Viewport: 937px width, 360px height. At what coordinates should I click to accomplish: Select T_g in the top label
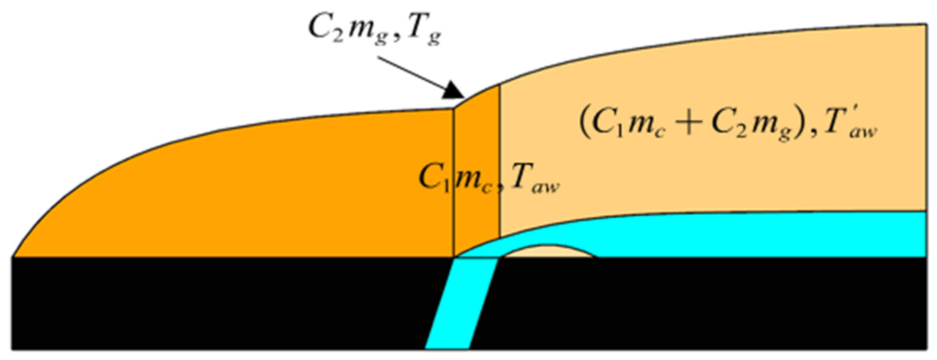pyautogui.click(x=424, y=32)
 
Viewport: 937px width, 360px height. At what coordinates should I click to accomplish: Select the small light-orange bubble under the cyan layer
pyautogui.click(x=548, y=252)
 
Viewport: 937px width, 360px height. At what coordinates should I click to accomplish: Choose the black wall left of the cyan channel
pyautogui.click(x=217, y=304)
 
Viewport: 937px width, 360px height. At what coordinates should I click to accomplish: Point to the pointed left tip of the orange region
pyautogui.click(x=17, y=254)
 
